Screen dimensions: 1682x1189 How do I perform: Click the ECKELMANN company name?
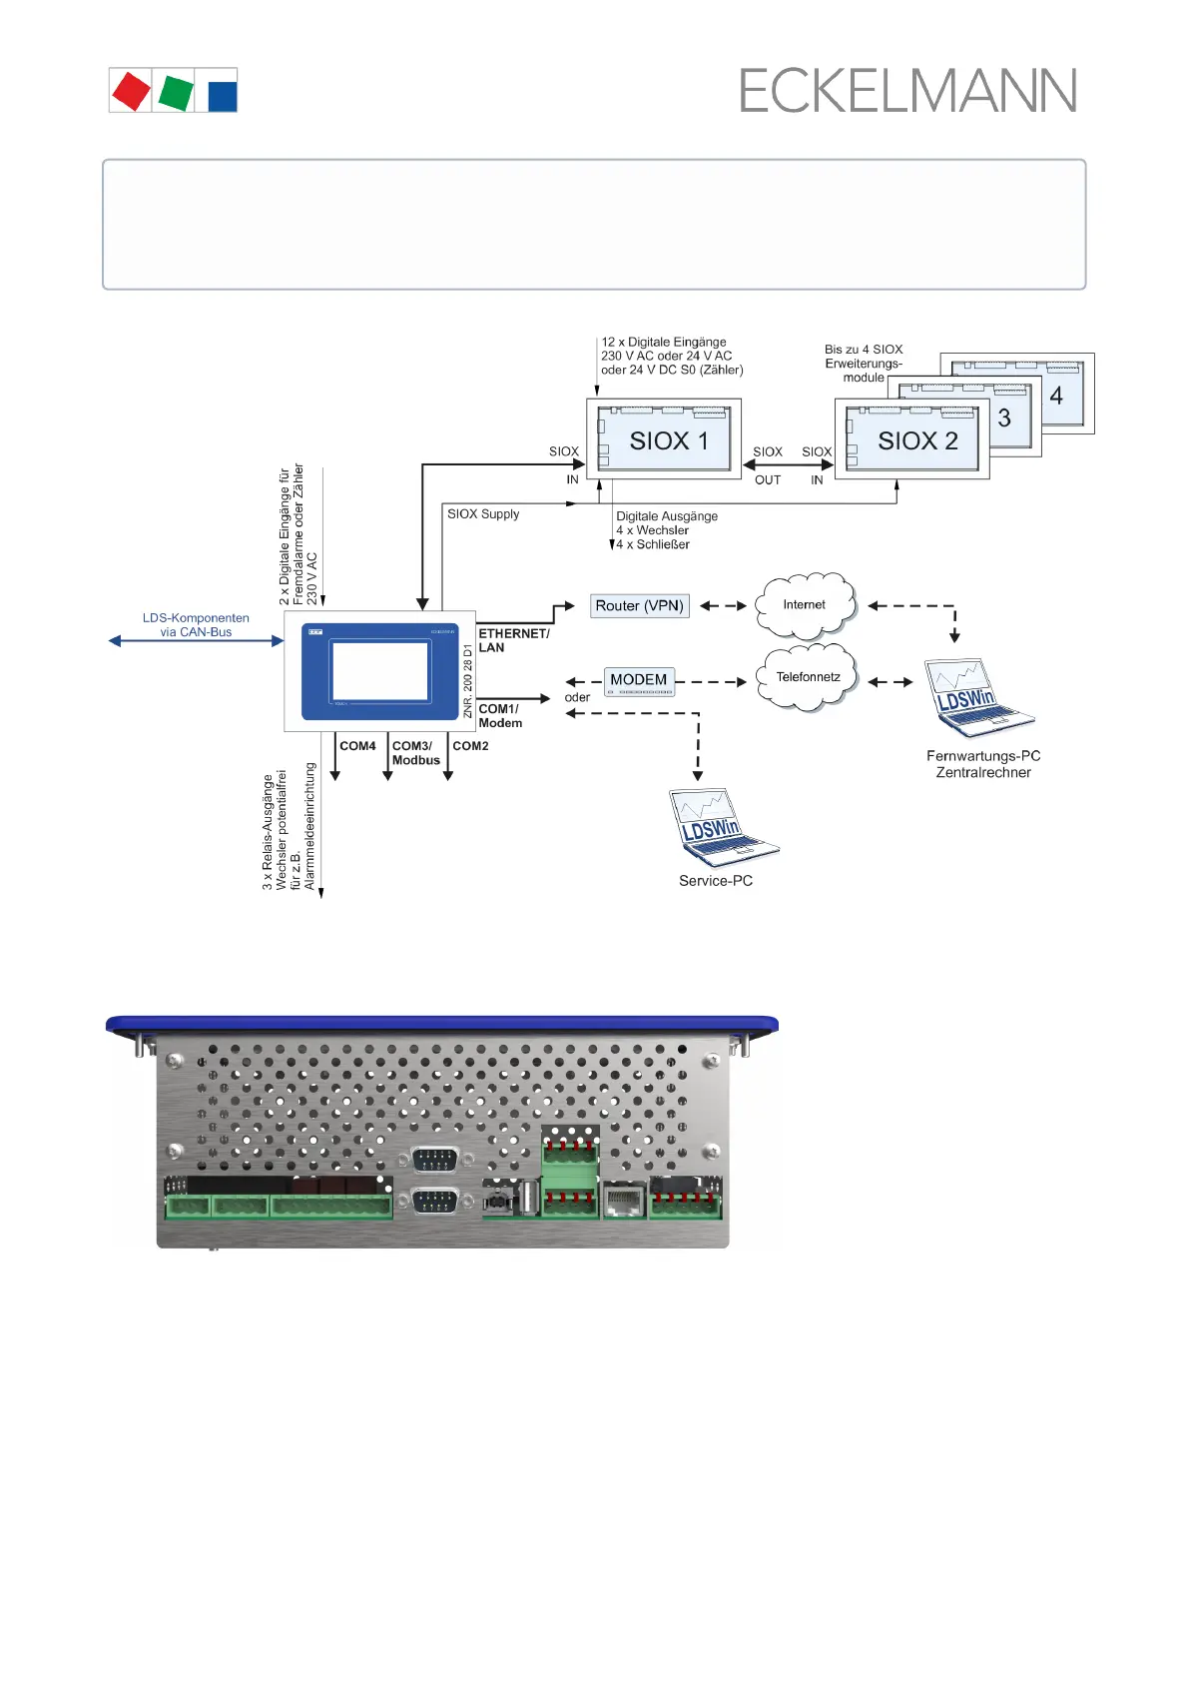(x=907, y=91)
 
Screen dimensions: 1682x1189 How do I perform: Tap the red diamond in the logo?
(x=131, y=91)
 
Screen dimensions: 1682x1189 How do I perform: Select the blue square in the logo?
(x=222, y=96)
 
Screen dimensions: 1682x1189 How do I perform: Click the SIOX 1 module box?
(x=664, y=439)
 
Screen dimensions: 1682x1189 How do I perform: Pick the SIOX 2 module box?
(x=912, y=439)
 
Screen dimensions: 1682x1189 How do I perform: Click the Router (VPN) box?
(x=639, y=605)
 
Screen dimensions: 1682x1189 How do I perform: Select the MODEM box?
(x=639, y=681)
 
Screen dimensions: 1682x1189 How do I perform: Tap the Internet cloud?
(x=805, y=605)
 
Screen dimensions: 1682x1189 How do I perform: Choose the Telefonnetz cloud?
(x=808, y=677)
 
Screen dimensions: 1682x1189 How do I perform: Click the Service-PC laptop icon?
(x=719, y=827)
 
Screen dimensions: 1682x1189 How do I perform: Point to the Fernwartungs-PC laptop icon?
(x=976, y=697)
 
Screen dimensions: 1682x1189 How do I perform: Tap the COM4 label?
(x=357, y=746)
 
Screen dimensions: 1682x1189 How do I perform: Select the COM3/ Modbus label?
(x=415, y=753)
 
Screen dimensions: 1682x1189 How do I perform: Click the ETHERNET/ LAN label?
(x=513, y=640)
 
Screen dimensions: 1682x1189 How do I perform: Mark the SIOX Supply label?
(x=483, y=514)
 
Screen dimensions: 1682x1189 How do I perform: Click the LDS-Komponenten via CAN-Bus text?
(x=196, y=625)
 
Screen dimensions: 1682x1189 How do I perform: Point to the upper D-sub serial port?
(x=434, y=1160)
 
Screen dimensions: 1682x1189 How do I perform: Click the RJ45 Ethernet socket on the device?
(x=624, y=1200)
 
